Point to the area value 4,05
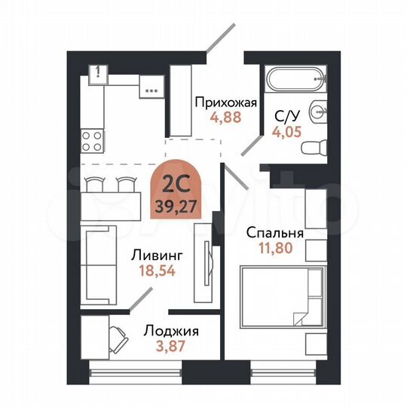point(286,129)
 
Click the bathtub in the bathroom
point(295,78)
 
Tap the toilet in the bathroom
point(311,145)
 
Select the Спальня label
point(275,232)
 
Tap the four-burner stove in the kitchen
point(92,139)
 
